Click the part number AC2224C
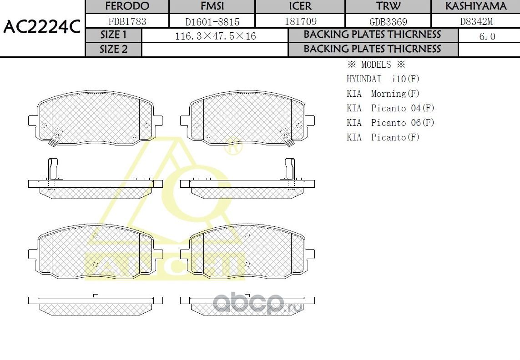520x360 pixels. pos(42,28)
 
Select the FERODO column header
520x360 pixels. pos(127,6)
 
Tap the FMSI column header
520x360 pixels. pos(212,6)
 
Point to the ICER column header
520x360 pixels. pos(300,6)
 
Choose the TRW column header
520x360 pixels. pos(388,6)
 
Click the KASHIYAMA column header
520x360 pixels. pos(475,6)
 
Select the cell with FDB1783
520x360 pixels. pos(127,21)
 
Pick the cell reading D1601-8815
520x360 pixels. pos(212,21)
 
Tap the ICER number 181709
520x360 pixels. pos(300,21)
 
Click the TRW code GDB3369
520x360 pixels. pos(388,21)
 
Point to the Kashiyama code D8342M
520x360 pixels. pos(475,21)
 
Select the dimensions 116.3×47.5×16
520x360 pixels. pos(215,36)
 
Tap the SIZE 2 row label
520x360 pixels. pos(114,50)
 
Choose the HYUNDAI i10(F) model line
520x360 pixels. pos(383,79)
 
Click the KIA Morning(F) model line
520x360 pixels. pos(383,94)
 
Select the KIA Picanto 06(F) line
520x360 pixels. pos(390,123)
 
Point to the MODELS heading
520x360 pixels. pos(376,65)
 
